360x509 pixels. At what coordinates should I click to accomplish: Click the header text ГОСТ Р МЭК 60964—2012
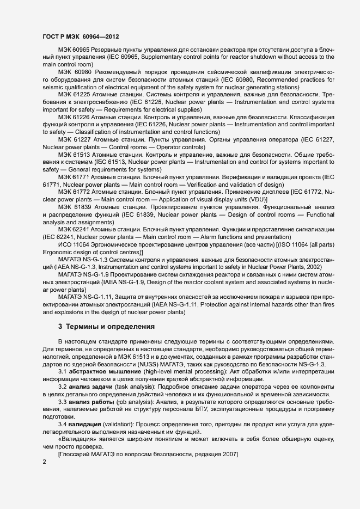81,36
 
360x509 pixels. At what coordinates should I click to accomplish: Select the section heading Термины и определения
111,327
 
